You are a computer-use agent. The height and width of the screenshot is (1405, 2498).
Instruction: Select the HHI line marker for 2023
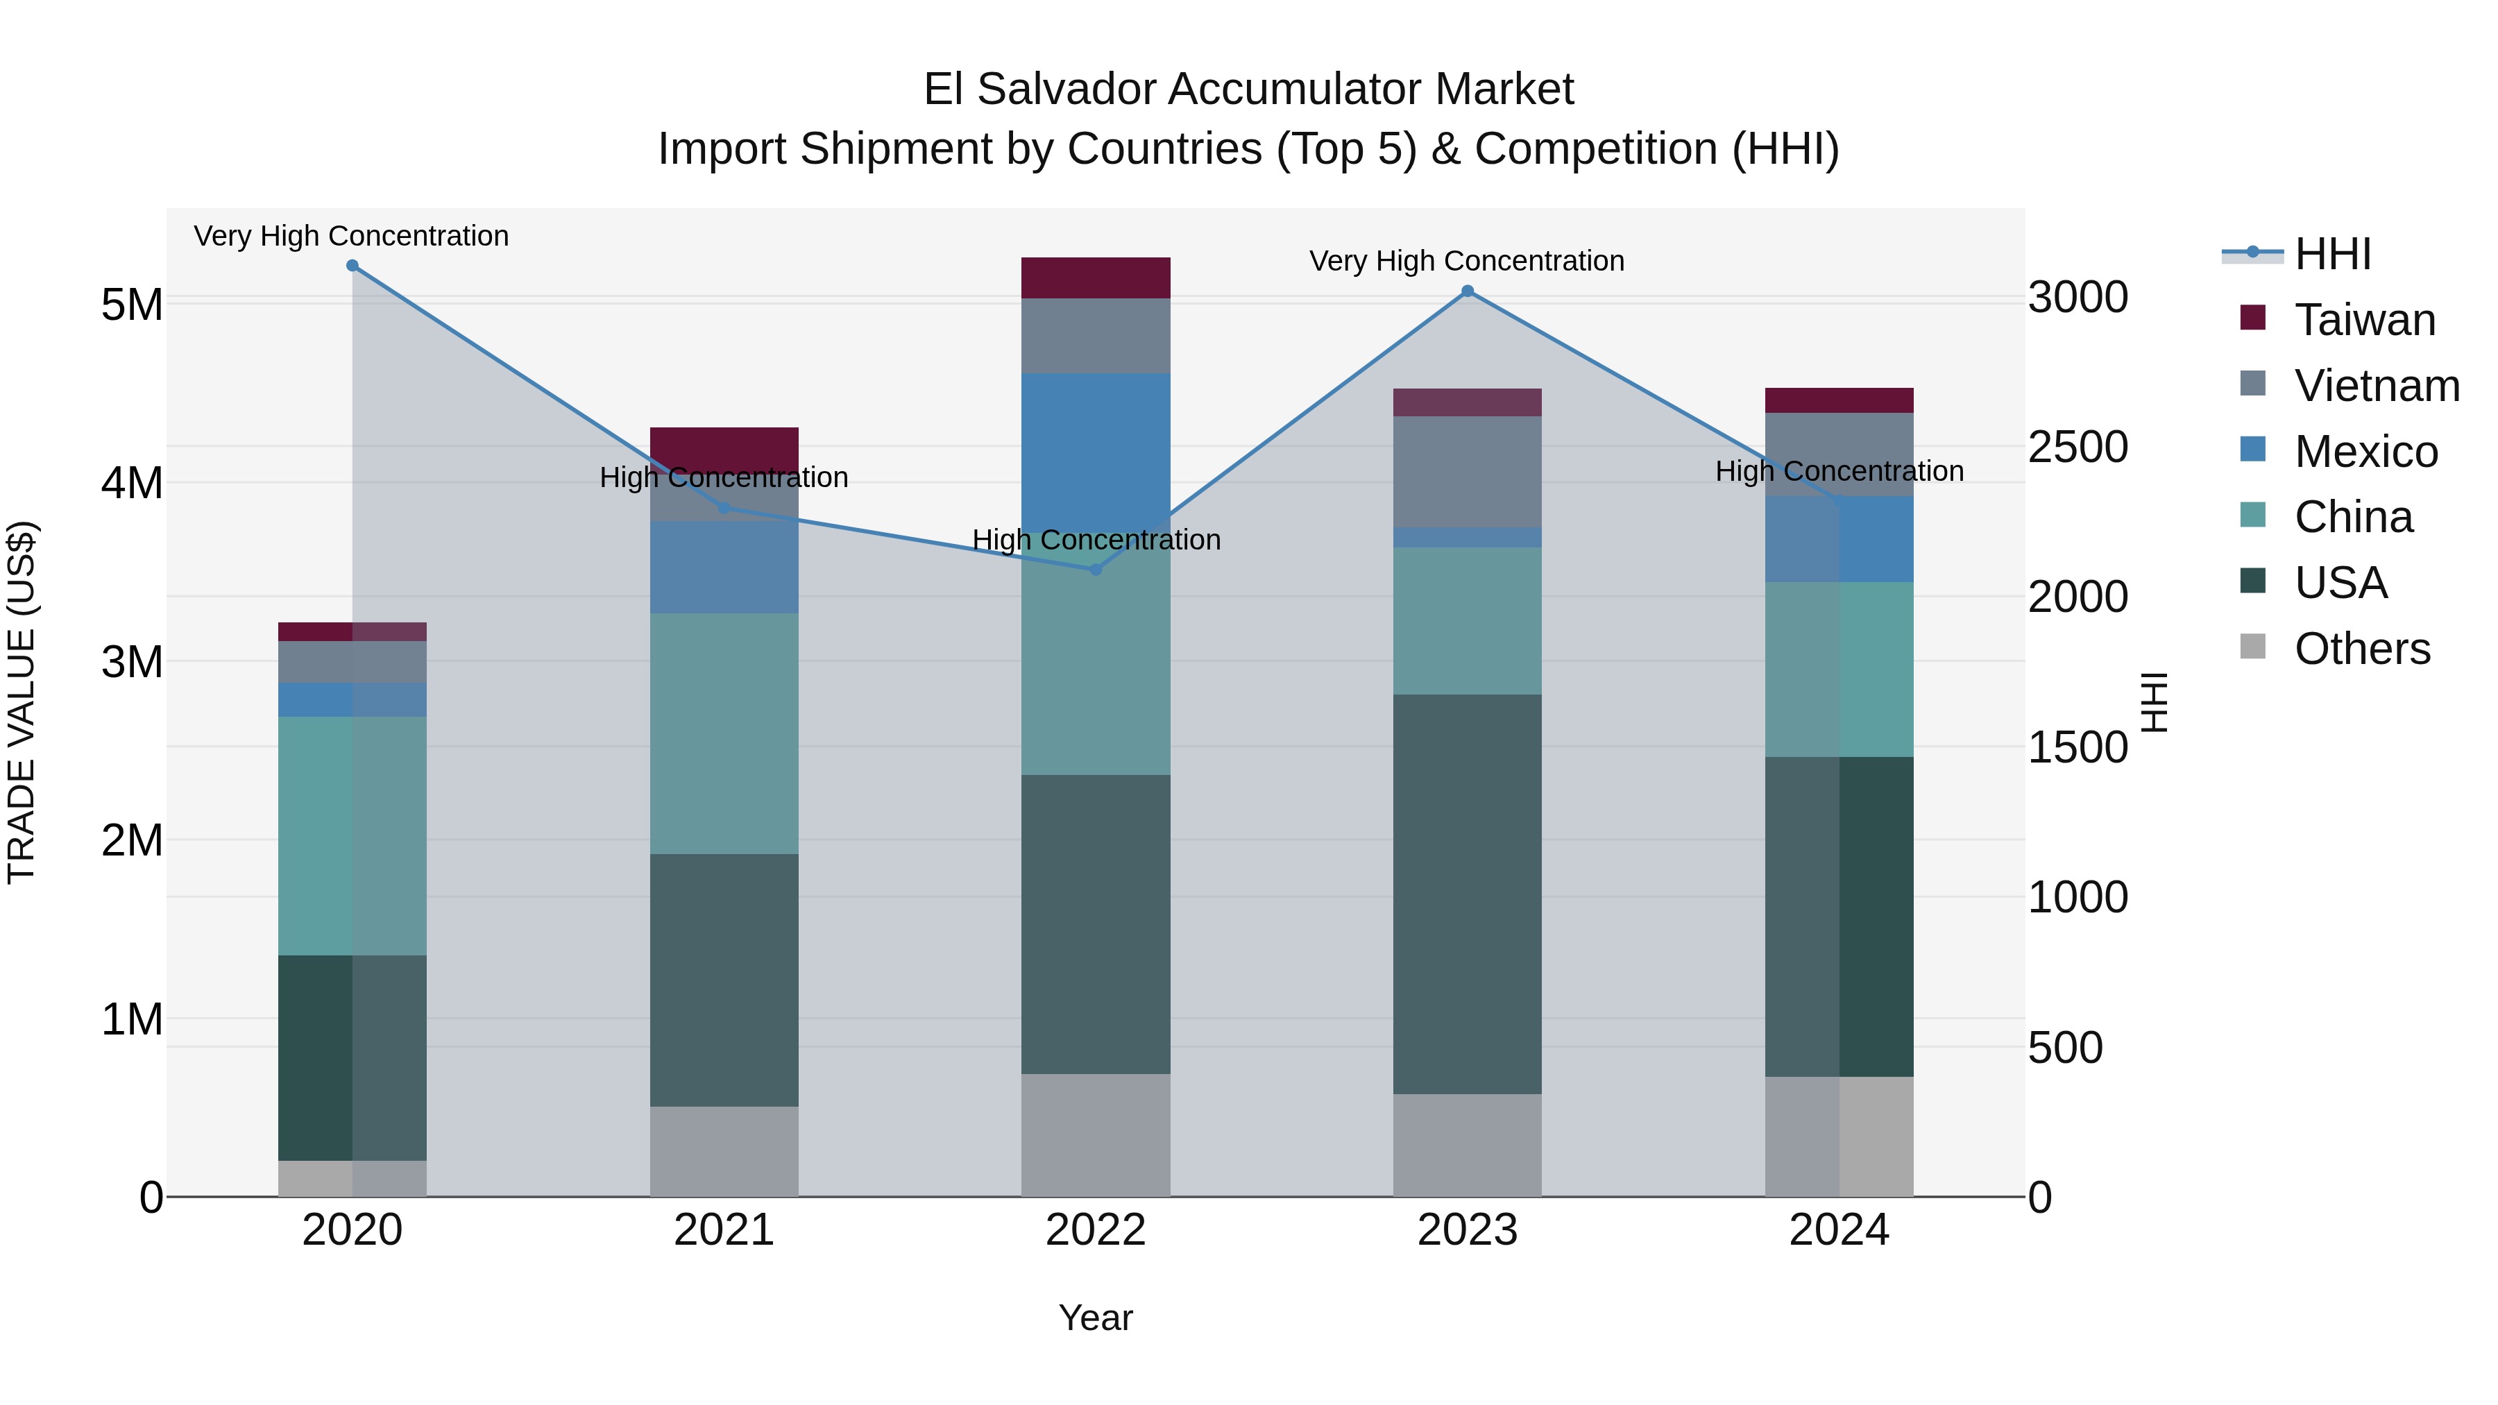pyautogui.click(x=1467, y=291)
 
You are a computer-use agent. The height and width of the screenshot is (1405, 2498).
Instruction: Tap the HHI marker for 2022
pyautogui.click(x=1096, y=569)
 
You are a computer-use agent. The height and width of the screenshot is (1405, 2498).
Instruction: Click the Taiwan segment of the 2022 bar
pyautogui.click(x=1096, y=278)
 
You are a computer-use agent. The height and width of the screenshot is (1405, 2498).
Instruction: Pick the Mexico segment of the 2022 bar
pyautogui.click(x=1096, y=446)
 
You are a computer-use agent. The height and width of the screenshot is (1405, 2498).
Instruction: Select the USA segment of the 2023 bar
pyautogui.click(x=1467, y=892)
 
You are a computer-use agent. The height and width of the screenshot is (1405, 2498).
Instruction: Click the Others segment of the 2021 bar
pyautogui.click(x=724, y=1151)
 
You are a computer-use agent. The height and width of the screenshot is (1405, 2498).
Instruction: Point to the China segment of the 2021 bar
pyautogui.click(x=724, y=733)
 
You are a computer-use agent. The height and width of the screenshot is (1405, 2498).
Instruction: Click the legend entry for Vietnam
pyautogui.click(x=2376, y=386)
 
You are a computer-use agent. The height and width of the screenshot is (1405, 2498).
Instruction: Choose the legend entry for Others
pyautogui.click(x=2361, y=649)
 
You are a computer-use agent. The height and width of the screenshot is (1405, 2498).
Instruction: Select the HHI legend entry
pyautogui.click(x=2332, y=254)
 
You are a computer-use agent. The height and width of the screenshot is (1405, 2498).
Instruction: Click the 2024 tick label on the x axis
pyautogui.click(x=1839, y=1230)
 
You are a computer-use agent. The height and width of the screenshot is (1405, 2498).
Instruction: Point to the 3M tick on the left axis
pyautogui.click(x=132, y=663)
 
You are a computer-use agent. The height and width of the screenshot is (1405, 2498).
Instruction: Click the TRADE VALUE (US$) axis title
pyautogui.click(x=22, y=702)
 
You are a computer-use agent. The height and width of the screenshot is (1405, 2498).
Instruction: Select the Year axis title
pyautogui.click(x=1096, y=1318)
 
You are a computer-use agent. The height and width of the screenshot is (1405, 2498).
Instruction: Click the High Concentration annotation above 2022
pyautogui.click(x=1096, y=540)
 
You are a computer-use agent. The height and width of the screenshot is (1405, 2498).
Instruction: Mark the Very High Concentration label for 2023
pyautogui.click(x=1466, y=261)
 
